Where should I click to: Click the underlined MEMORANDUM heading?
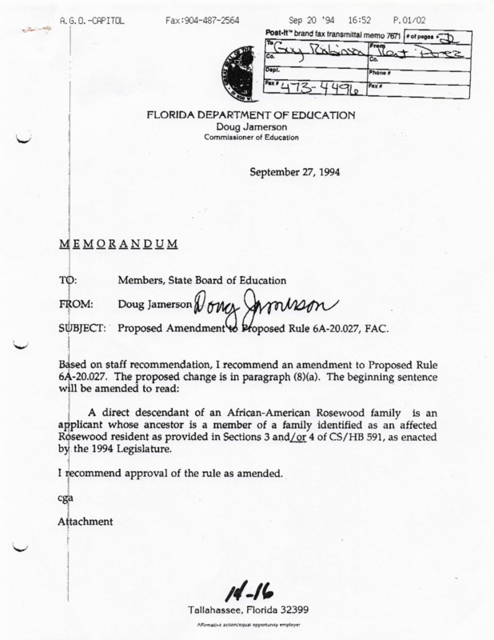point(118,242)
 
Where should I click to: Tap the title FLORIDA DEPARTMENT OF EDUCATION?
point(249,114)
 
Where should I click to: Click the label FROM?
point(78,305)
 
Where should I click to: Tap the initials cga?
point(66,498)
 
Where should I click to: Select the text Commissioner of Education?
point(250,135)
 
